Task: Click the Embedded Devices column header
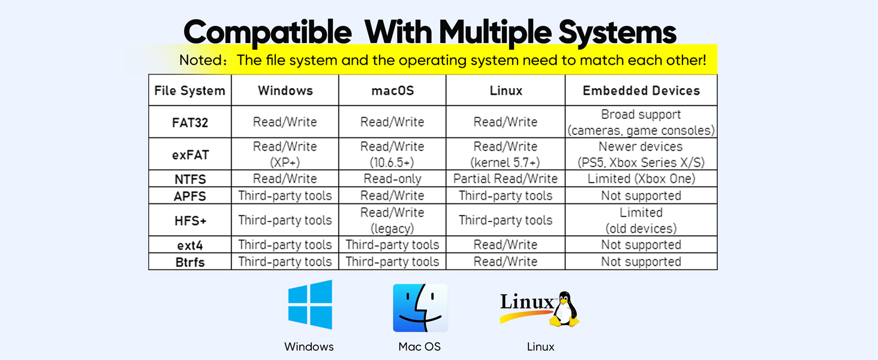641,91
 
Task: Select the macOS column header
392,91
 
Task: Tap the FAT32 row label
190,123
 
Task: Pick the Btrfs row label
190,262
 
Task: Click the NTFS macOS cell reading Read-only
392,179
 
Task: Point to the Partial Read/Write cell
506,179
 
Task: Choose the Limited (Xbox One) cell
641,179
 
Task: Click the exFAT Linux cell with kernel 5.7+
506,154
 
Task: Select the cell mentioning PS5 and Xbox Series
641,154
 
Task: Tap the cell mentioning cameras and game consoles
641,122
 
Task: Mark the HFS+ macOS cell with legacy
392,220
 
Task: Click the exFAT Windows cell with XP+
285,154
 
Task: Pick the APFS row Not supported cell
641,196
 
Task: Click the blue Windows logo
310,304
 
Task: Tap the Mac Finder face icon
420,308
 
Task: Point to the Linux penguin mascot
564,309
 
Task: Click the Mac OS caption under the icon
419,347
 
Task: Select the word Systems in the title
617,32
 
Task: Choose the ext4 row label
190,245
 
